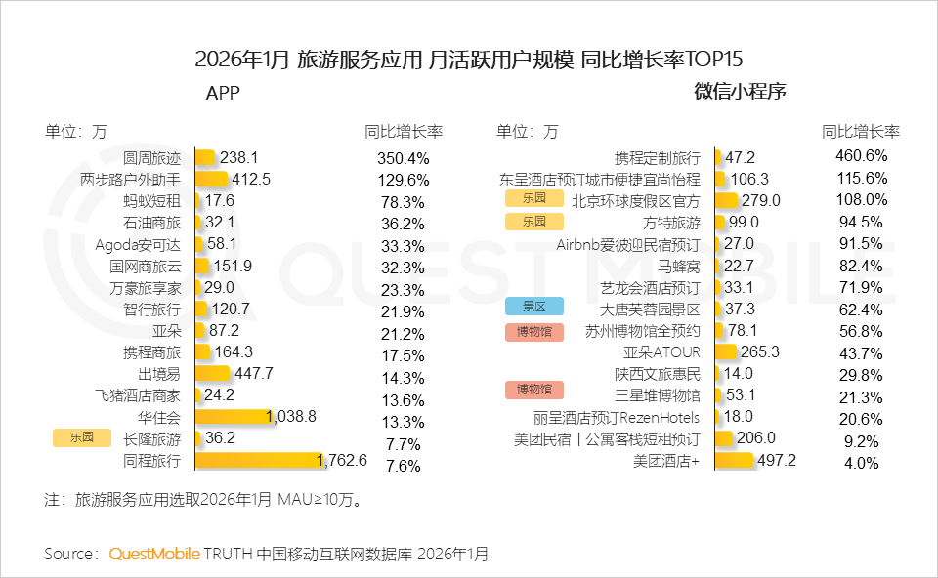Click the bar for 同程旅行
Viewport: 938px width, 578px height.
click(258, 460)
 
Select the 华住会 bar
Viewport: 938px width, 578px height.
click(232, 417)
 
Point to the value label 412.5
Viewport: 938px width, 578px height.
click(251, 179)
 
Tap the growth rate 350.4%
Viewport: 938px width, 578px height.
click(403, 158)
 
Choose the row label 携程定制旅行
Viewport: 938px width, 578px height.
click(657, 157)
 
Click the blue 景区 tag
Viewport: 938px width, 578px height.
click(534, 307)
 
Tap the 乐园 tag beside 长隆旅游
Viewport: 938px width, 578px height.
click(82, 438)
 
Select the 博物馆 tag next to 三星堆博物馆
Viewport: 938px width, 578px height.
click(534, 391)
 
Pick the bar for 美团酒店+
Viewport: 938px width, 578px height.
click(734, 460)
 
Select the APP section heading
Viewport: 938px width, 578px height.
click(223, 93)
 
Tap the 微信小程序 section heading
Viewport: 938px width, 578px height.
click(741, 93)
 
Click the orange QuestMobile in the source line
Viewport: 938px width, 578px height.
click(153, 554)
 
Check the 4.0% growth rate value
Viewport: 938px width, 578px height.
click(861, 463)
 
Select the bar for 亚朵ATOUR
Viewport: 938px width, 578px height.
click(725, 351)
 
